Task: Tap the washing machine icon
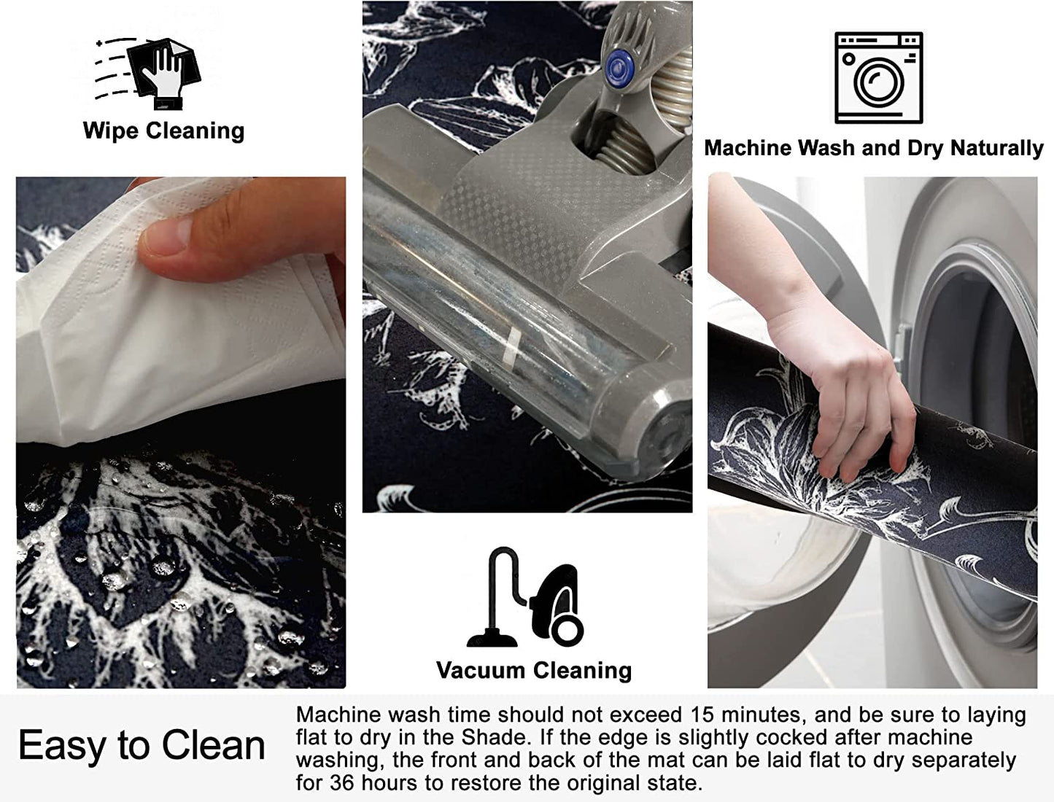tap(879, 78)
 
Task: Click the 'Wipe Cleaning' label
tap(163, 131)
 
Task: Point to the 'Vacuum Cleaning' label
tap(534, 671)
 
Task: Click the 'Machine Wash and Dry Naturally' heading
tap(873, 148)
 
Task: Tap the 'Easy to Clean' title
tap(142, 745)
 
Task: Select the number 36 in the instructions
tap(342, 783)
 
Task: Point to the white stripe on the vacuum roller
tap(511, 346)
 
